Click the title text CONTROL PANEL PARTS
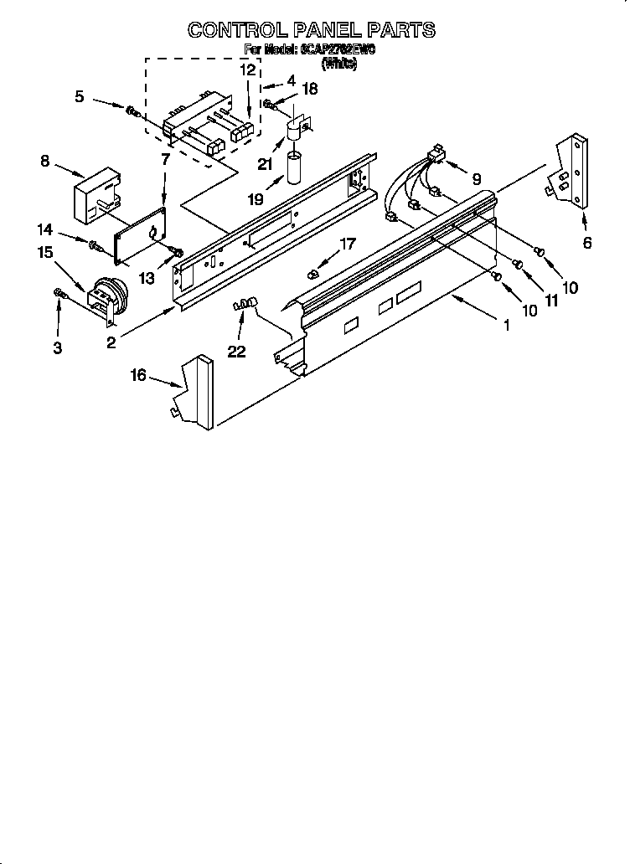point(311,30)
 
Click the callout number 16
point(137,376)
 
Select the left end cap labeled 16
point(198,392)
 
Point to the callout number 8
point(45,160)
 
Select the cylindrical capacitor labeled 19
point(294,167)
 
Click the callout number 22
point(237,352)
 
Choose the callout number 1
point(506,326)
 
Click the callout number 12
point(247,70)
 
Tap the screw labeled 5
point(132,110)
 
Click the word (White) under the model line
point(338,64)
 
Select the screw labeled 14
point(94,244)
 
